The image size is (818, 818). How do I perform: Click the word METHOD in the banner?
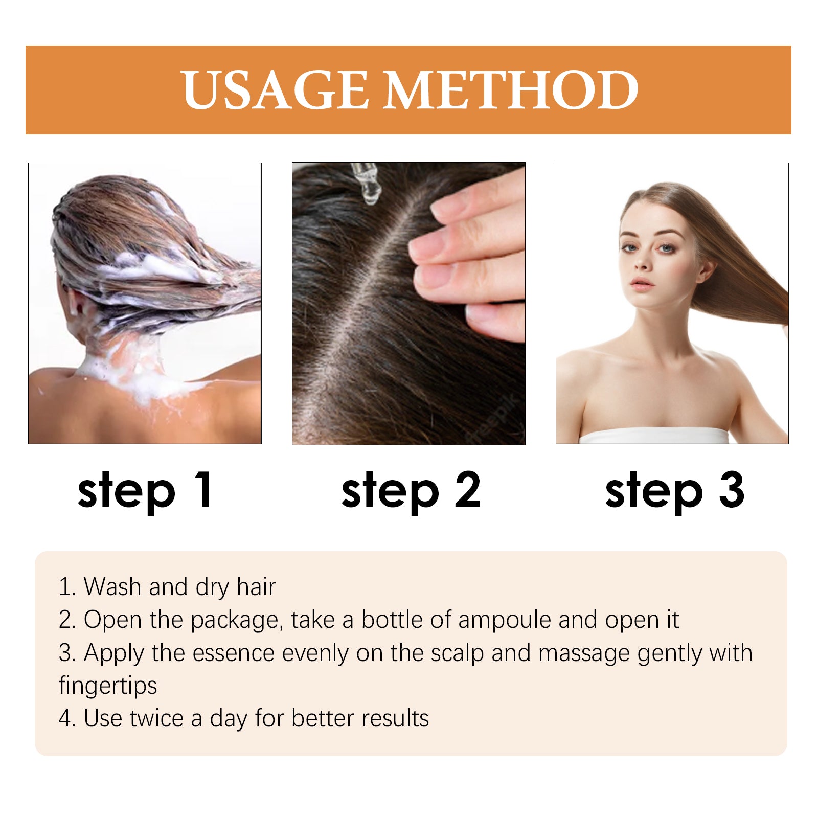(511, 90)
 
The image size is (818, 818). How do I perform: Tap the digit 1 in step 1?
(204, 489)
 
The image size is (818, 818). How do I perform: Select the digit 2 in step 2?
(467, 489)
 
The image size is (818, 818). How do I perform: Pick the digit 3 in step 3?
(731, 489)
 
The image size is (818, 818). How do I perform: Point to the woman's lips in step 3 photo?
(643, 283)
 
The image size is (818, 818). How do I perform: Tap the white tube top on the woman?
(653, 436)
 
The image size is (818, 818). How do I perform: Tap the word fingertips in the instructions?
(108, 686)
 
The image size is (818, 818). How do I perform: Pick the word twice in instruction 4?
(156, 718)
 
